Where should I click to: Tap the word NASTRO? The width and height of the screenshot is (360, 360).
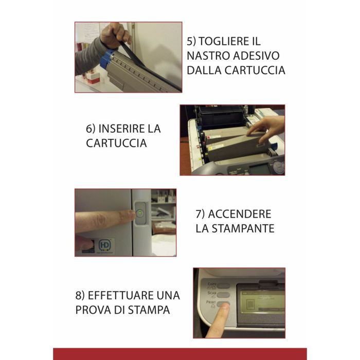[205, 56]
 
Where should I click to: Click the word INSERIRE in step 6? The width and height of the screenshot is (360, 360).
[121, 129]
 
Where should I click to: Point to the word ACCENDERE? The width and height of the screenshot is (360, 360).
[240, 214]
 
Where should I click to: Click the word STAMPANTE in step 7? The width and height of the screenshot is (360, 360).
[243, 228]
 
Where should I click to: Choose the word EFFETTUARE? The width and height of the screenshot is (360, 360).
[121, 295]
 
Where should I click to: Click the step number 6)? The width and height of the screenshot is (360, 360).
[91, 129]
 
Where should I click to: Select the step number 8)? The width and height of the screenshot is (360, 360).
[80, 296]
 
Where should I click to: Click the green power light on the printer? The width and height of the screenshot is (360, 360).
[139, 213]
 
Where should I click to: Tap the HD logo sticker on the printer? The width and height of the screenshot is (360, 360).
[105, 245]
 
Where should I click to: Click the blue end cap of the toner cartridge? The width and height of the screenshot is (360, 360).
[107, 59]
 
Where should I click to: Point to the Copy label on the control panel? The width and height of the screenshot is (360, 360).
[212, 285]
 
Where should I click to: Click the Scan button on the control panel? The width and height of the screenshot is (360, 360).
[223, 295]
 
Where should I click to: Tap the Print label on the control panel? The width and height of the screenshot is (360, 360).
[211, 303]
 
